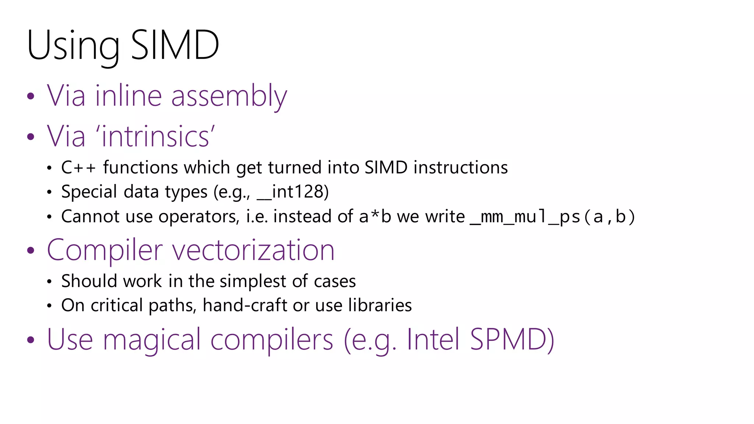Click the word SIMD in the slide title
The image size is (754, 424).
(175, 46)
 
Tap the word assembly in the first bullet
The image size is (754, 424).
(229, 96)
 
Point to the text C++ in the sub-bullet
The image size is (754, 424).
(78, 168)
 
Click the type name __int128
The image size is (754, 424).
(292, 192)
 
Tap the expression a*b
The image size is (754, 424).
(375, 217)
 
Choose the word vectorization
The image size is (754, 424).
(253, 250)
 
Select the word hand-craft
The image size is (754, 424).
(245, 305)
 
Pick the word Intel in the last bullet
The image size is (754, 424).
(433, 339)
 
